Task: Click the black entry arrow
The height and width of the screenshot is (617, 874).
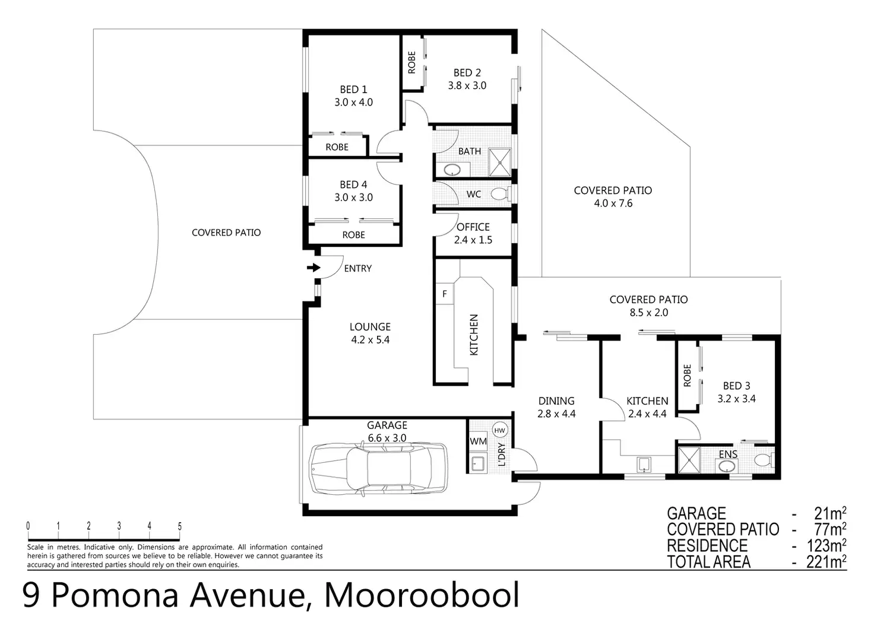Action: pos(313,268)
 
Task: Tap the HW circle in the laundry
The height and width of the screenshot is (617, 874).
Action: pos(499,430)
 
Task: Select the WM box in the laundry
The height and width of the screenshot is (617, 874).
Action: pos(478,441)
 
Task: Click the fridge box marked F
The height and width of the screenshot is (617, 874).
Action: pos(444,294)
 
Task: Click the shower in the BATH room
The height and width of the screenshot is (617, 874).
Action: pos(500,162)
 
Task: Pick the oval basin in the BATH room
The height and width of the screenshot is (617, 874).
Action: pos(452,170)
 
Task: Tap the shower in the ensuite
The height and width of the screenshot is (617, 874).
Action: pos(689,460)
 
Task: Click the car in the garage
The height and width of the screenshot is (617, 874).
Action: pos(378,469)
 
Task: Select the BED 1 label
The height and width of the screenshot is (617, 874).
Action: pos(353,89)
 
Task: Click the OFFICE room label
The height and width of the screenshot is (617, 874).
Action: pos(473,227)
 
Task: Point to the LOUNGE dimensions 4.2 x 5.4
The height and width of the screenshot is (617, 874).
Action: pos(370,340)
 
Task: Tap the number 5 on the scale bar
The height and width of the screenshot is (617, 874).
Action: pos(180,526)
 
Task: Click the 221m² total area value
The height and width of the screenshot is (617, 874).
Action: pos(826,562)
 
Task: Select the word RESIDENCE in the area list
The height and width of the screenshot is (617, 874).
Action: pos(707,546)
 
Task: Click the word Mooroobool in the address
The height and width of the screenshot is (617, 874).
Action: pos(422,595)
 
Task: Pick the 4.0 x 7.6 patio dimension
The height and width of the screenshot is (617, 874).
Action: pos(613,203)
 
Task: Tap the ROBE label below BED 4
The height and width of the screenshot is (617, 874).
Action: pos(353,235)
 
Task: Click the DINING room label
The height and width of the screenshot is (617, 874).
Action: pos(556,400)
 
